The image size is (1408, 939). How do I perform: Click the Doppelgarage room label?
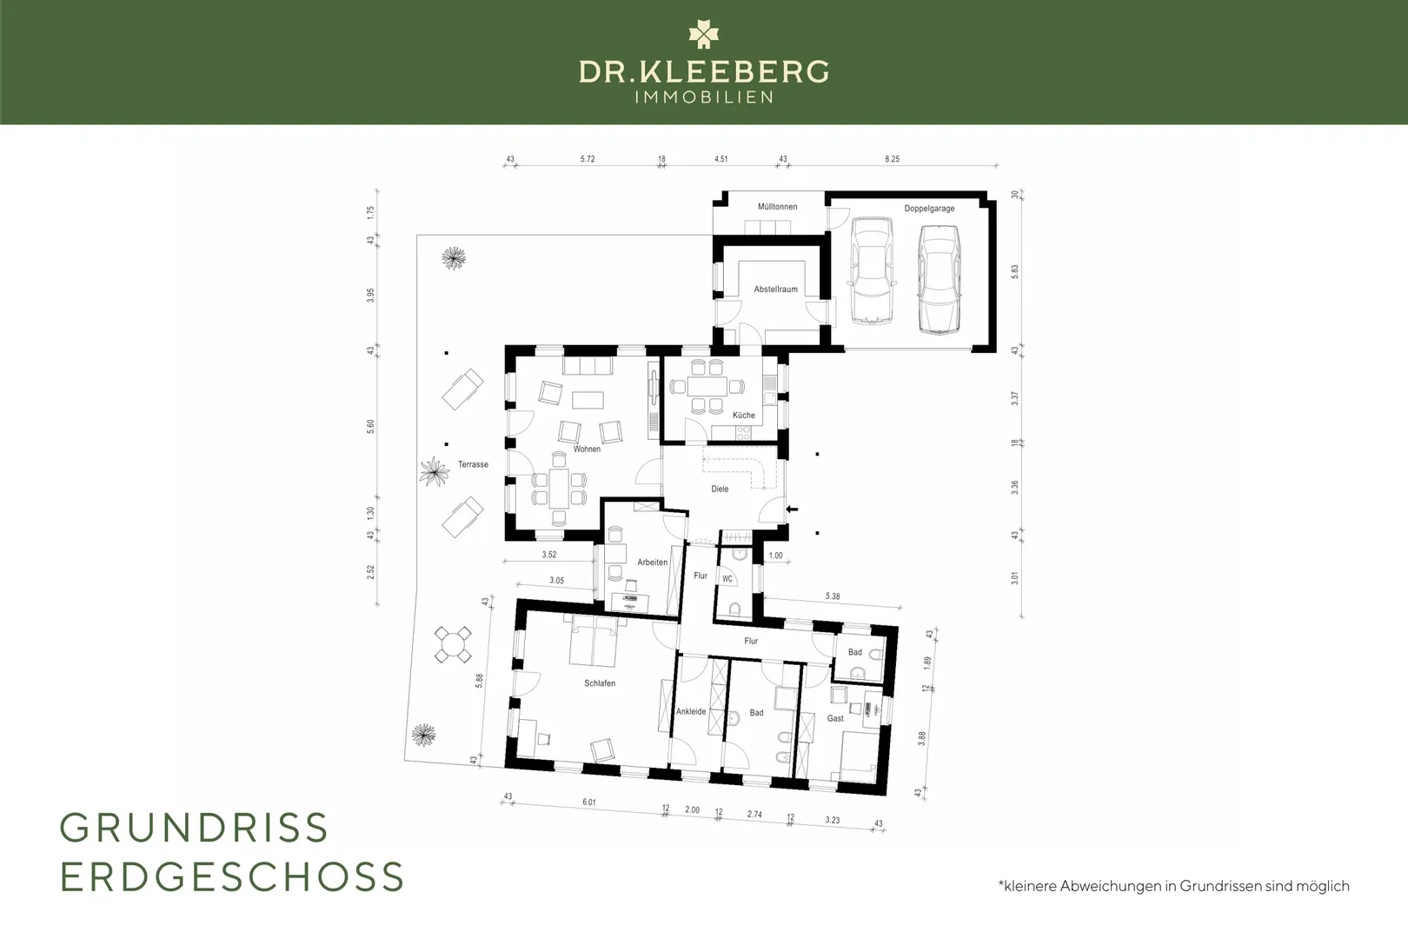click(929, 209)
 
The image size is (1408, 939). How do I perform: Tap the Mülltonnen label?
click(777, 207)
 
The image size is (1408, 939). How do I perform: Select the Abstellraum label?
click(775, 290)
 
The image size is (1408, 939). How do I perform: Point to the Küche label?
click(744, 415)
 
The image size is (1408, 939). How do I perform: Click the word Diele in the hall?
click(720, 489)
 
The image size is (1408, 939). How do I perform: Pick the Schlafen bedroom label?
click(600, 683)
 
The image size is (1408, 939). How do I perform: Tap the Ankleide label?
click(691, 711)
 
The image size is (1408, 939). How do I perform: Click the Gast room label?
click(835, 718)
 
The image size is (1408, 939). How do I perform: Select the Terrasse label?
click(473, 464)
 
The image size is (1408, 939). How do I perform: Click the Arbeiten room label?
click(653, 563)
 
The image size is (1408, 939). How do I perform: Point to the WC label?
click(727, 579)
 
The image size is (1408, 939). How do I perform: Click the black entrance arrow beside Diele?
click(792, 509)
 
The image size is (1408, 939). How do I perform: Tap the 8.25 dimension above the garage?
click(892, 159)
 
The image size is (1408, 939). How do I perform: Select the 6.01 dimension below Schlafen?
click(589, 802)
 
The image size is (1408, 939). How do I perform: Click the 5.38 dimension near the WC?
click(833, 596)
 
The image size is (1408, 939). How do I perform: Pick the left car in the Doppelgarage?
click(872, 271)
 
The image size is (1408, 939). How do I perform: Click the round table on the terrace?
click(453, 644)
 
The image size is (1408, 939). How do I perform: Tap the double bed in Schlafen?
click(593, 641)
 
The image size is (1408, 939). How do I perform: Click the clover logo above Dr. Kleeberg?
click(703, 34)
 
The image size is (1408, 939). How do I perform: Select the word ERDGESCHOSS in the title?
click(232, 876)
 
